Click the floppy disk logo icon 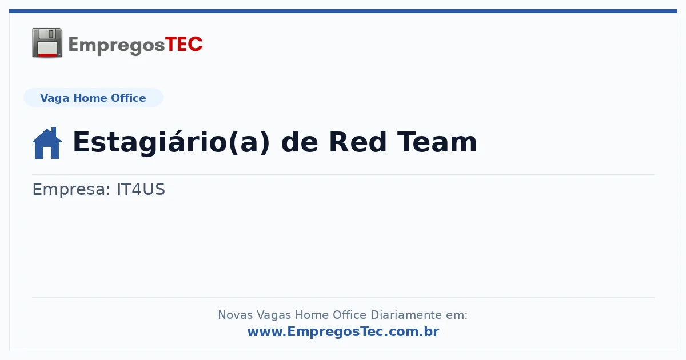pos(47,43)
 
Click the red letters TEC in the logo pos(184,45)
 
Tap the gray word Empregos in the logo pos(117,46)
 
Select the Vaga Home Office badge pos(93,98)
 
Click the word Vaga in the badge pos(54,98)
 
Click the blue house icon pos(47,143)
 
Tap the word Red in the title pos(357,142)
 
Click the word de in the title pos(299,142)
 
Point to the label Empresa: pos(71,190)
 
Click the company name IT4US pos(141,189)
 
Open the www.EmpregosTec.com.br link pos(344,331)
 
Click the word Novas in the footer pos(235,315)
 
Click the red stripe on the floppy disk pos(47,55)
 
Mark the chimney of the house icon pos(54,131)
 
